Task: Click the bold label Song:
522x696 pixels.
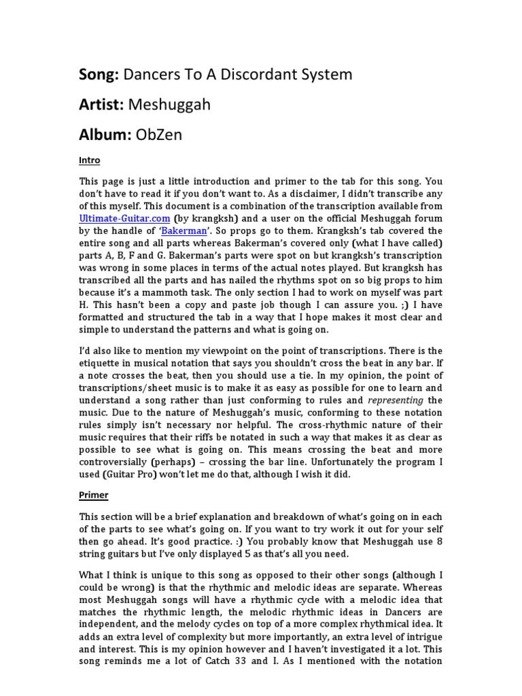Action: (99, 75)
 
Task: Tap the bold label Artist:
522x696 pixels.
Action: (102, 105)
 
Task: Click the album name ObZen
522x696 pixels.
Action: (160, 135)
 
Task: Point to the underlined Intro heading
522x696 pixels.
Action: (90, 160)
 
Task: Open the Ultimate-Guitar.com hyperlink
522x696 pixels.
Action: (124, 219)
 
